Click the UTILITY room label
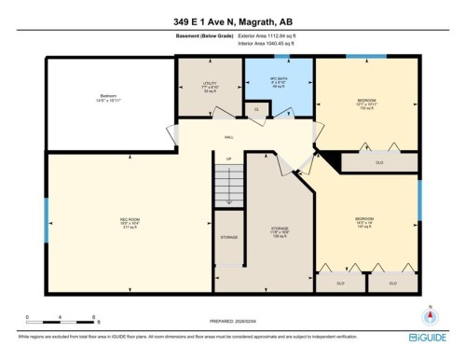[210, 87]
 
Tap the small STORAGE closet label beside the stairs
[228, 238]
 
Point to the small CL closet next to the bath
[256, 110]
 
